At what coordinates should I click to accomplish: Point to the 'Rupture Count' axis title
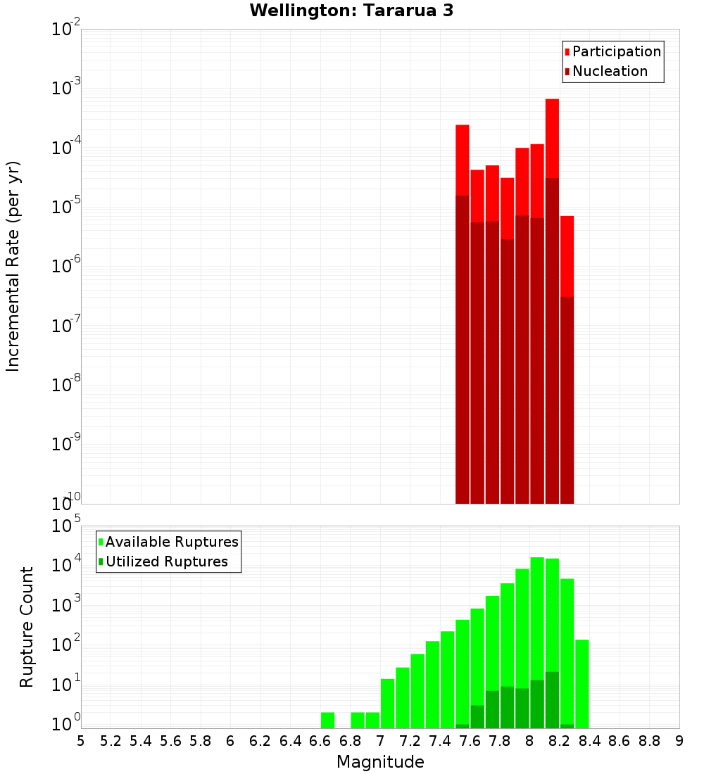point(27,627)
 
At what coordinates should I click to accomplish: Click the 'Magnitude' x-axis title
point(380,762)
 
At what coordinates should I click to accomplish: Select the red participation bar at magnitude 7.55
point(463,159)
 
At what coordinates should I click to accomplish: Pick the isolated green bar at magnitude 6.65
point(327,721)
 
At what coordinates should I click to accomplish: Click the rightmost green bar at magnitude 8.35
point(582,683)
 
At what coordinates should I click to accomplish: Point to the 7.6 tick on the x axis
point(470,741)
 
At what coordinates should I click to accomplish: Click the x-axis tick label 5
point(81,741)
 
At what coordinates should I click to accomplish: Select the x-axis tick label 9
point(679,741)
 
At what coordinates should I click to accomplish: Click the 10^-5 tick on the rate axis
point(66,207)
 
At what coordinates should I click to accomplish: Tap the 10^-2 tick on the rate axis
point(66,30)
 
